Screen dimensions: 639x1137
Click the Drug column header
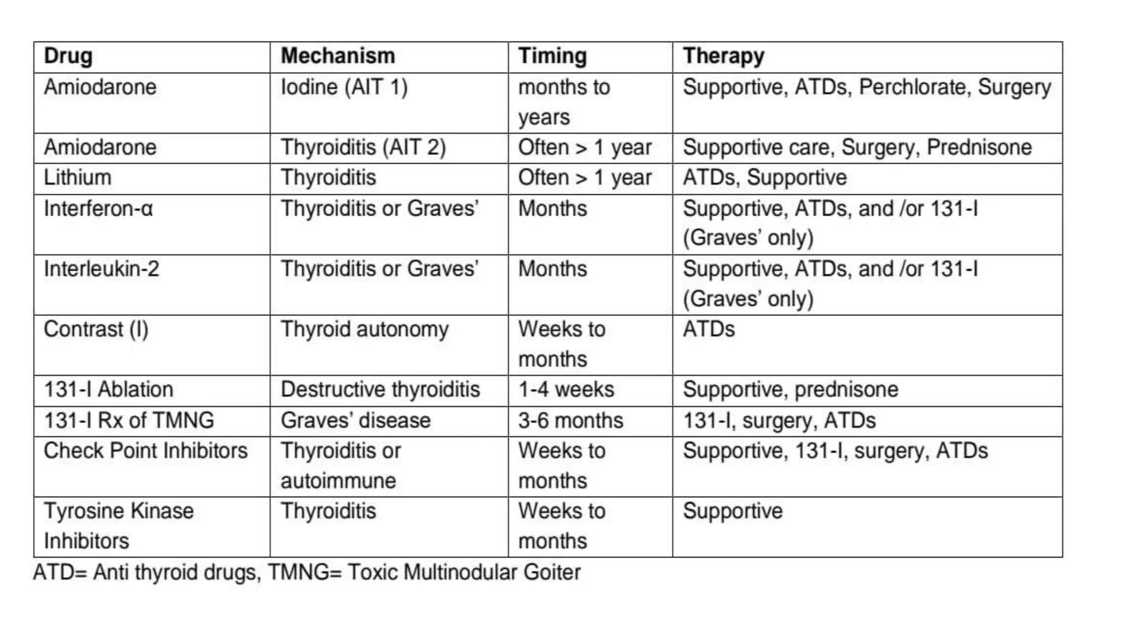pyautogui.click(x=68, y=57)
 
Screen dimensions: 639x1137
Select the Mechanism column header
pyautogui.click(x=338, y=57)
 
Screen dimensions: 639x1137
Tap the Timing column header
pyautogui.click(x=552, y=57)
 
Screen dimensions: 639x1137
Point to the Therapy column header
pyautogui.click(x=723, y=57)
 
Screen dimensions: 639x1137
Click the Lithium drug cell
pyautogui.click(x=78, y=178)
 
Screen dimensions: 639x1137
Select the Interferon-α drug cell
pyautogui.click(x=98, y=209)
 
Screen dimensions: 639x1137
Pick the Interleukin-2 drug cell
pyautogui.click(x=102, y=270)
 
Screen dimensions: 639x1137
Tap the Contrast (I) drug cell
pyautogui.click(x=96, y=330)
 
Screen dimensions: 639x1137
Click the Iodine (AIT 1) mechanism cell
pyautogui.click(x=344, y=88)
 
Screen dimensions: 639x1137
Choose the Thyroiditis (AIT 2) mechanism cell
pyautogui.click(x=363, y=148)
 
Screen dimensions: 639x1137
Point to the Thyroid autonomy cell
pyautogui.click(x=365, y=330)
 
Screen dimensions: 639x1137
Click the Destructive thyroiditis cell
pyautogui.click(x=380, y=390)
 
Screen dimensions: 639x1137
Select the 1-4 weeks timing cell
pyautogui.click(x=566, y=390)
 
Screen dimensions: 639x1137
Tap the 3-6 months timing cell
pyautogui.click(x=571, y=421)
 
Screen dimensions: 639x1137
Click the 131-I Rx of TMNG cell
pyautogui.click(x=129, y=421)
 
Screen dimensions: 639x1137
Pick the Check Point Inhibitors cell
pyautogui.click(x=145, y=451)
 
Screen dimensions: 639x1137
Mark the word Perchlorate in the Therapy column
pyautogui.click(x=912, y=88)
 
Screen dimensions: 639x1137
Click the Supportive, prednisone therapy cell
pyautogui.click(x=790, y=390)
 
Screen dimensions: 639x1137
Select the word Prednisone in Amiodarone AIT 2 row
pyautogui.click(x=979, y=148)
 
